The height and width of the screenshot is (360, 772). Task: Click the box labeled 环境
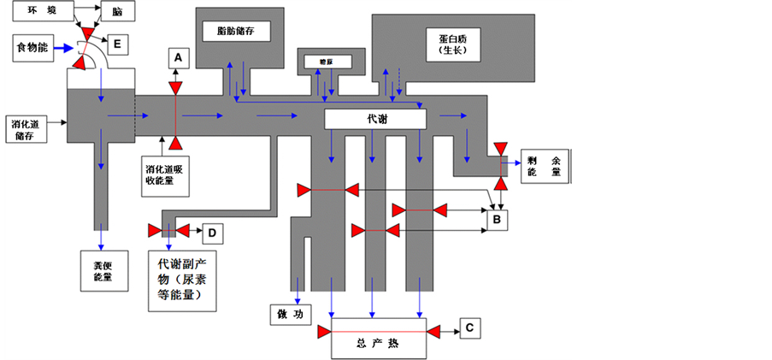tap(40, 9)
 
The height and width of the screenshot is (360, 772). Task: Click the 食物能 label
tap(32, 48)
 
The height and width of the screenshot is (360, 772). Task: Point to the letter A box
tap(177, 57)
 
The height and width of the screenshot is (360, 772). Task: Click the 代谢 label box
tap(376, 119)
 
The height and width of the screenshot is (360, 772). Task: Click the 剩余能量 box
tap(544, 166)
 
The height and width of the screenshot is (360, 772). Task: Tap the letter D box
tap(211, 231)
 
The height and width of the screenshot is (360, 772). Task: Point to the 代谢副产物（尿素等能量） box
tap(181, 278)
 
